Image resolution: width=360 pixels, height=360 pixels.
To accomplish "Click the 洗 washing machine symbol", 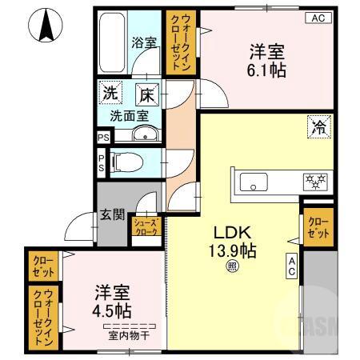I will click(110, 93).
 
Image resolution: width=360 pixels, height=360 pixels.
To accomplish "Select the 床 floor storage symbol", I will click(146, 93).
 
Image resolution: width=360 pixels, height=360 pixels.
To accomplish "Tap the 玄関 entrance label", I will click(112, 214).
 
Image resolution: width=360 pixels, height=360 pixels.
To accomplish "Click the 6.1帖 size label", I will click(267, 70).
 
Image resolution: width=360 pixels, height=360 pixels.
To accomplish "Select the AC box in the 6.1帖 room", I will click(318, 18).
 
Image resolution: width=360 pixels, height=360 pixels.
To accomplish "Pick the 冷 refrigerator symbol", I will click(318, 126).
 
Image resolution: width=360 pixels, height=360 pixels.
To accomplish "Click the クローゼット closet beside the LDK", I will click(317, 227).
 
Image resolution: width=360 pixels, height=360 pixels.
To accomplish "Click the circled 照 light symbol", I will click(232, 267).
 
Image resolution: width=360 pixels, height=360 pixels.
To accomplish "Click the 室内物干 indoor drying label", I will click(128, 334).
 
